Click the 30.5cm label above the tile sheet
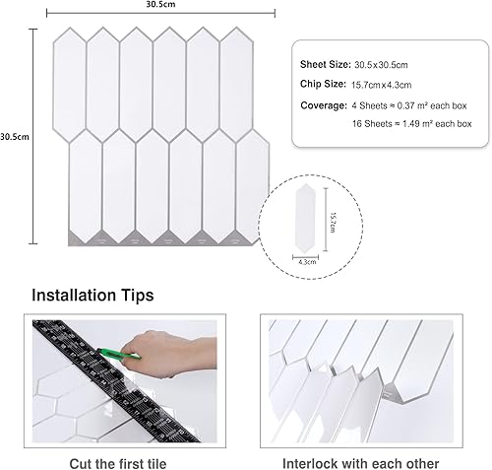pyautogui.click(x=160, y=4)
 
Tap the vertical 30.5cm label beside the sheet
pyautogui.click(x=15, y=137)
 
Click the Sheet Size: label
pyautogui.click(x=326, y=64)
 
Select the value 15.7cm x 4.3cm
pyautogui.click(x=382, y=85)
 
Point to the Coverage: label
pyautogui.click(x=324, y=105)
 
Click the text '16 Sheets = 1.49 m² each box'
pyautogui.click(x=412, y=124)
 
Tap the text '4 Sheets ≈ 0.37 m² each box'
pyautogui.click(x=409, y=105)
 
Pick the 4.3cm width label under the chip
pyautogui.click(x=307, y=262)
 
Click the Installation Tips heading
pyautogui.click(x=92, y=295)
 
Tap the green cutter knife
pyautogui.click(x=119, y=354)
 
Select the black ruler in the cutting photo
pyautogui.click(x=115, y=380)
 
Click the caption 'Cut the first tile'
pyautogui.click(x=118, y=464)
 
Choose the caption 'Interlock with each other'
pyautogui.click(x=361, y=464)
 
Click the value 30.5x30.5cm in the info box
pyautogui.click(x=381, y=65)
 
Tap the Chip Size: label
pyautogui.click(x=323, y=84)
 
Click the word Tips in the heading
pyautogui.click(x=137, y=296)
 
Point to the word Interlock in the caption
pyautogui.click(x=310, y=464)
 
